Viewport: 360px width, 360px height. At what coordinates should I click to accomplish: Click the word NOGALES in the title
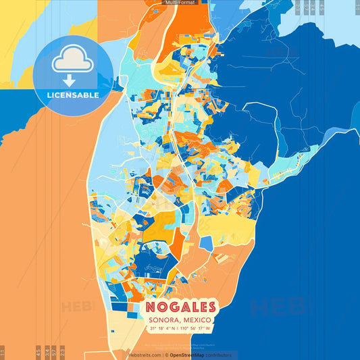(180, 307)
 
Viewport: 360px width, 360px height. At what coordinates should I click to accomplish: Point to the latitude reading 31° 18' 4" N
(161, 329)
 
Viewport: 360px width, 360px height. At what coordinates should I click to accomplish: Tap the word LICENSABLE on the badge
(72, 95)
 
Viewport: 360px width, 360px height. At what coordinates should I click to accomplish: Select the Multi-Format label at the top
(180, 3)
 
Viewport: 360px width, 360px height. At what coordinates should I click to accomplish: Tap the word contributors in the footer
(217, 355)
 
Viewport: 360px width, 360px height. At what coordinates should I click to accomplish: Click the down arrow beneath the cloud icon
(72, 81)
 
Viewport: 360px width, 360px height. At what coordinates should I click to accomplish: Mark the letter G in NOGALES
(172, 307)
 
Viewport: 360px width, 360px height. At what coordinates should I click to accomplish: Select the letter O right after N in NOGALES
(161, 307)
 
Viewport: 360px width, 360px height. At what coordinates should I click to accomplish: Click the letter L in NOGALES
(191, 307)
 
